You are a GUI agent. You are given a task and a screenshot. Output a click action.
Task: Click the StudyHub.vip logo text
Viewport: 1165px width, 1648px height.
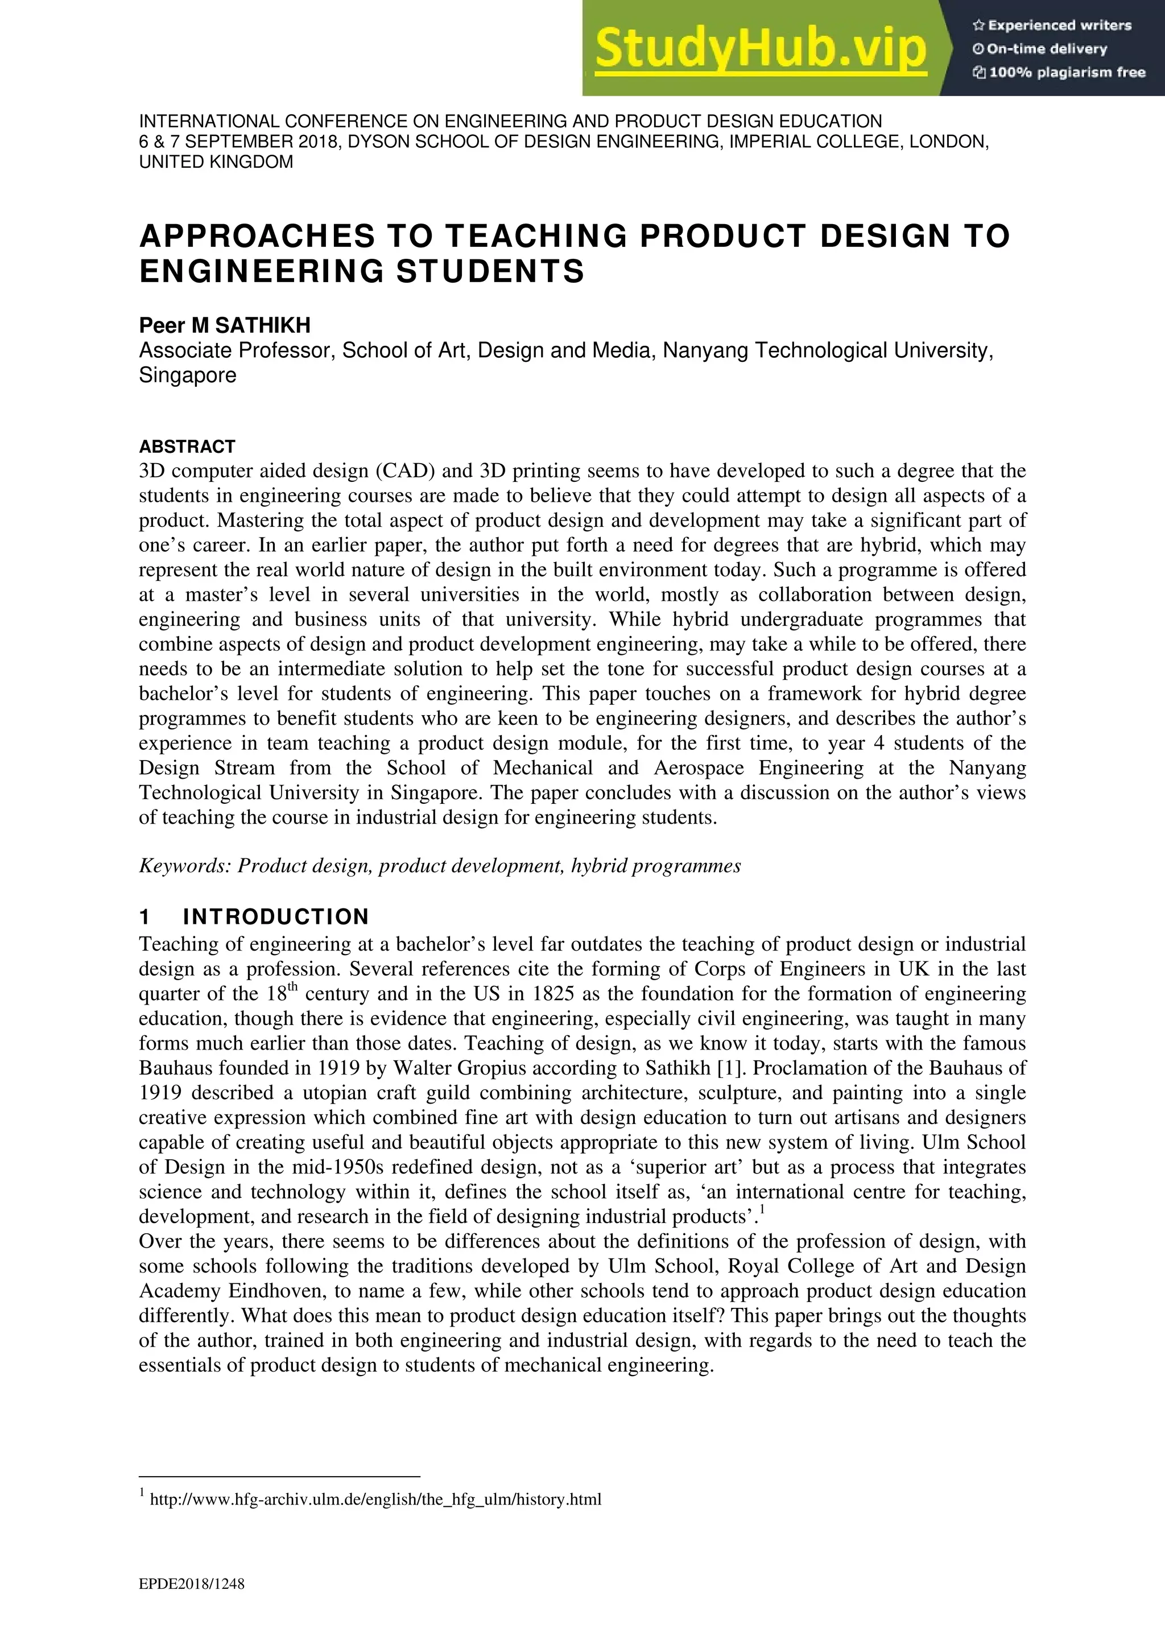761,49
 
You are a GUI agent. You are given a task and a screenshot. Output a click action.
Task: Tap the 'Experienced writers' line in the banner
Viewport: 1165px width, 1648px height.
1052,26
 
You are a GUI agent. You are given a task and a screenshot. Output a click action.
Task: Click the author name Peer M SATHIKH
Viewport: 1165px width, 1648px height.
225,325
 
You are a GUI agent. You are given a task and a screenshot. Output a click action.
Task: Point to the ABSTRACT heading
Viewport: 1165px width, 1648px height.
187,447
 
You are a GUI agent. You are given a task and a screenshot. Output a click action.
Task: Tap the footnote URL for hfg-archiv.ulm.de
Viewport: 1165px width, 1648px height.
375,1500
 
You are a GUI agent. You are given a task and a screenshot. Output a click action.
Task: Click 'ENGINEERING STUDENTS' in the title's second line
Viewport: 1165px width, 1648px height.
362,271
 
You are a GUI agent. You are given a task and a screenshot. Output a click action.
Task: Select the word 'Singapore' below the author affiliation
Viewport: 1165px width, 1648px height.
187,375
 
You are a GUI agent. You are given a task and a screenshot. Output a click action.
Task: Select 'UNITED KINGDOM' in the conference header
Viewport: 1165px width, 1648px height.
216,162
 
